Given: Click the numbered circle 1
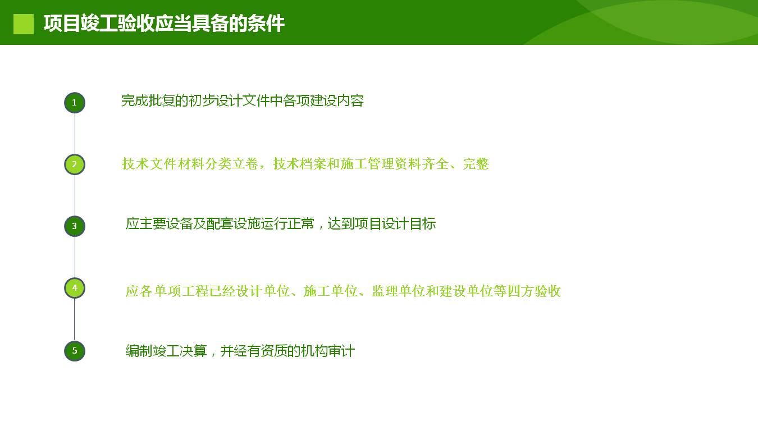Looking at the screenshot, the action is [x=75, y=103].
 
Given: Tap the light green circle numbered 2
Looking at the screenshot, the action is [x=75, y=164].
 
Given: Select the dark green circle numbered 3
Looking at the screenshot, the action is [x=75, y=226].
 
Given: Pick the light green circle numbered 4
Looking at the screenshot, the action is [x=75, y=288].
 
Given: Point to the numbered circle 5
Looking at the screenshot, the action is [x=75, y=351].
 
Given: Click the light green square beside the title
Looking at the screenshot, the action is [x=24, y=24].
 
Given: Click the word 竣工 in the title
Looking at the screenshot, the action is [x=99, y=24].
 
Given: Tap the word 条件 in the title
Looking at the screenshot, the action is [x=266, y=24].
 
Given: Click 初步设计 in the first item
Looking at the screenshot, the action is [x=215, y=100].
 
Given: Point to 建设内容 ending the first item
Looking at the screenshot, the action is [x=337, y=100].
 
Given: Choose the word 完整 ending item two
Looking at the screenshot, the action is [x=476, y=164].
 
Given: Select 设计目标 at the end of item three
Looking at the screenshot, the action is [x=409, y=223].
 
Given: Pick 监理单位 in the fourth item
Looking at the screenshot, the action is [x=398, y=291].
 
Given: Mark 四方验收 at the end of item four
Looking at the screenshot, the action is [x=535, y=291].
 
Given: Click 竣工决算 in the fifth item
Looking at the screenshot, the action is [x=179, y=351].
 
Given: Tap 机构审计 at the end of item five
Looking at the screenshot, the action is [x=328, y=351].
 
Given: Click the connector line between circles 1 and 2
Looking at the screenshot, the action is [x=75, y=134].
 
